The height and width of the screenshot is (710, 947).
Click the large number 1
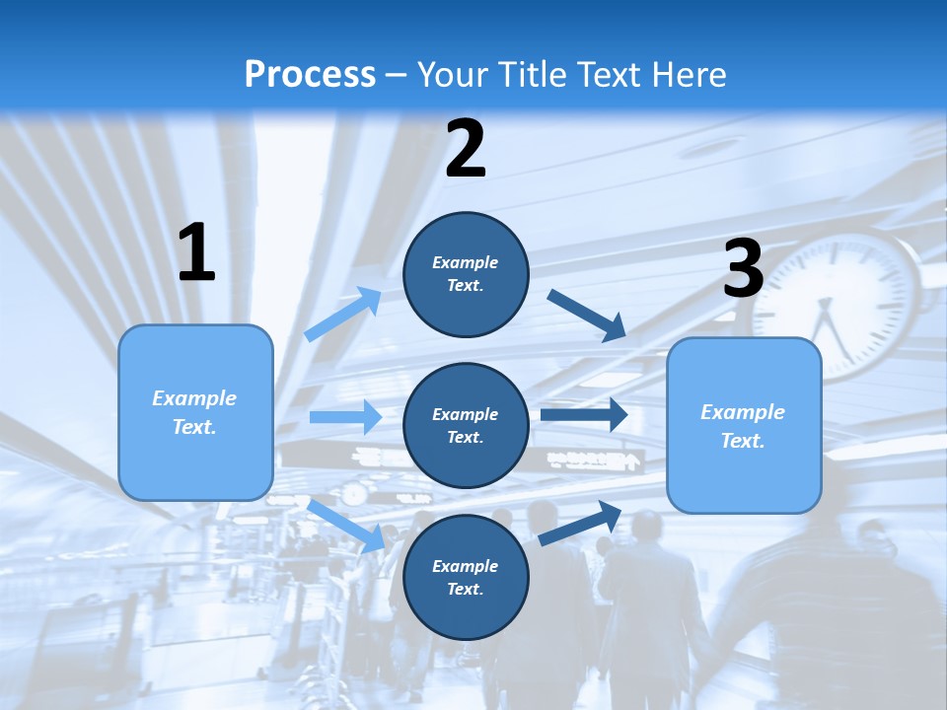pyautogui.click(x=196, y=253)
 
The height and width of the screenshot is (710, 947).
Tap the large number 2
pyautogui.click(x=466, y=150)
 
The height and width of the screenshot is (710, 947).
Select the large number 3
pyautogui.click(x=743, y=269)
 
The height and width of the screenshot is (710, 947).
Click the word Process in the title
pyautogui.click(x=310, y=74)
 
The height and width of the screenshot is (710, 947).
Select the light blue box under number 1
pyautogui.click(x=195, y=412)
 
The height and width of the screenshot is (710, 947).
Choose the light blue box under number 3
pyautogui.click(x=744, y=425)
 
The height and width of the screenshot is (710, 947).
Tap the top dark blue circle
pyautogui.click(x=466, y=274)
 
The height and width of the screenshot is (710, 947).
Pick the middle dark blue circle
pyautogui.click(x=466, y=425)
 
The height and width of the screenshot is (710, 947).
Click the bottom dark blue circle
pyautogui.click(x=466, y=577)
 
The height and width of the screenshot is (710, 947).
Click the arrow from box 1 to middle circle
pyautogui.click(x=345, y=417)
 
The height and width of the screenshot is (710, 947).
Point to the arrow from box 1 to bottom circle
pyautogui.click(x=347, y=526)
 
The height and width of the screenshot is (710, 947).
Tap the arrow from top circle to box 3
pyautogui.click(x=587, y=315)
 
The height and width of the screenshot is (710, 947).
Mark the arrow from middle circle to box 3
pyautogui.click(x=584, y=414)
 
